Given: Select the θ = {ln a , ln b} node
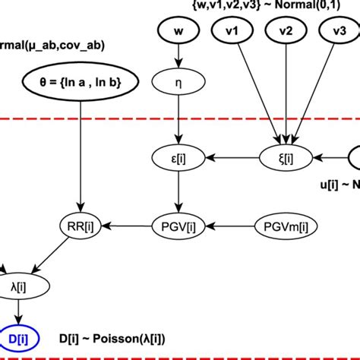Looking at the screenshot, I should [77, 81].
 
